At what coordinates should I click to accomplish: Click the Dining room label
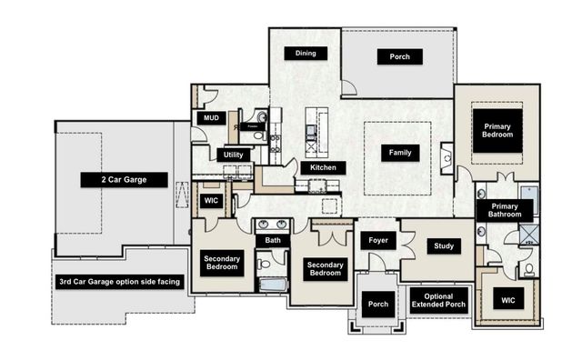(306, 54)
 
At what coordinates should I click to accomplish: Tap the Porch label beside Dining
(400, 57)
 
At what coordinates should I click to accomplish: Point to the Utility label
(233, 155)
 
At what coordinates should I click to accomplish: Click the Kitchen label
(323, 167)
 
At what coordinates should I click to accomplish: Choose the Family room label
(399, 153)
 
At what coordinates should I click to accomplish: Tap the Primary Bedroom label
(498, 130)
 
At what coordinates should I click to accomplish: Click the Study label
(444, 246)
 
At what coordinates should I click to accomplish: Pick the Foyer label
(378, 240)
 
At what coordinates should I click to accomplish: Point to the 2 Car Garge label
(125, 180)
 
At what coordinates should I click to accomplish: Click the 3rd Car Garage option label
(120, 282)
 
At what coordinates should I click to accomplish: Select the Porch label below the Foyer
(377, 305)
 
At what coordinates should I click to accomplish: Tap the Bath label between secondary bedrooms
(273, 241)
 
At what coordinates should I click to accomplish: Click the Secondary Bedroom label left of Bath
(222, 263)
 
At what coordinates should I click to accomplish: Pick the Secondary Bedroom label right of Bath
(325, 268)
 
